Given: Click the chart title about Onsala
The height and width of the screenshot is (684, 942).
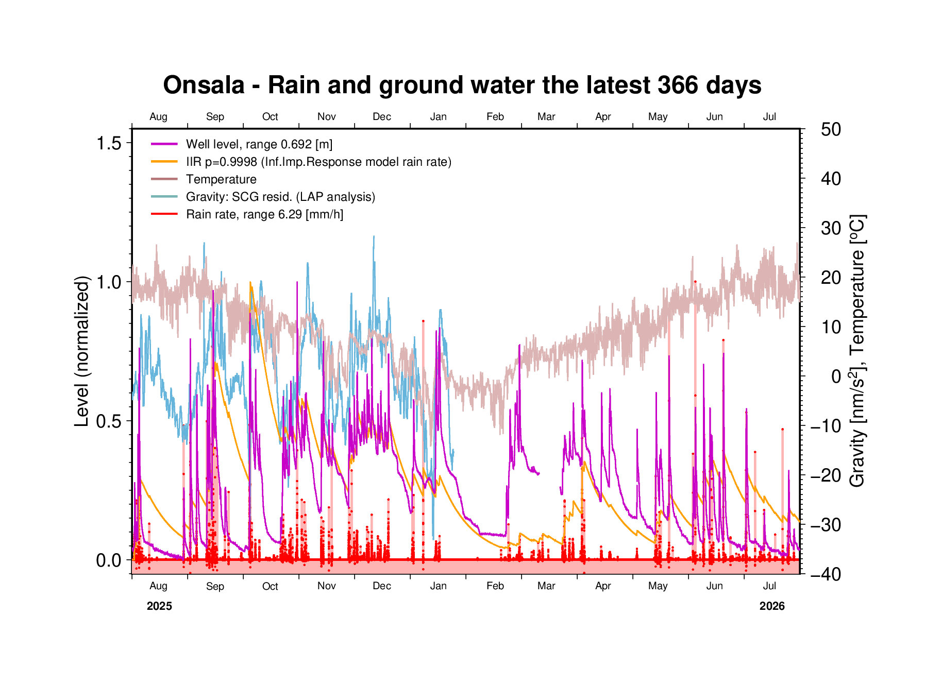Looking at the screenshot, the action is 462,85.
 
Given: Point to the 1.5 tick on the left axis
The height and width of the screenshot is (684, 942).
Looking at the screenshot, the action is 109,143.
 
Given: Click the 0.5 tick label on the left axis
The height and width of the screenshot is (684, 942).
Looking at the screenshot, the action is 109,421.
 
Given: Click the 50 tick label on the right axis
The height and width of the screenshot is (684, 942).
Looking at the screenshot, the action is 831,129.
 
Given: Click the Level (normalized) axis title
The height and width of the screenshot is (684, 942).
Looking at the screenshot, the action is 82,351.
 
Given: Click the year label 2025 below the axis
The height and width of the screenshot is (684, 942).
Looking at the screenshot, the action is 159,606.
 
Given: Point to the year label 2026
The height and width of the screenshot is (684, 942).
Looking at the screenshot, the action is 772,606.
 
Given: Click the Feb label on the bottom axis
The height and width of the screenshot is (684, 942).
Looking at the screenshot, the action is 495,586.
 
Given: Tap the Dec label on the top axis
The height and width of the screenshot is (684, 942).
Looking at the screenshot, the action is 382,116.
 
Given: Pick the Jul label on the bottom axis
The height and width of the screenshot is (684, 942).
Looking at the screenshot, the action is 769,586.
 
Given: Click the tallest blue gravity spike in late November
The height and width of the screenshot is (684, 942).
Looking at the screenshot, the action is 374,237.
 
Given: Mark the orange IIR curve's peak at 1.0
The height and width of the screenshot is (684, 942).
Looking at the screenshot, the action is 250,283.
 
